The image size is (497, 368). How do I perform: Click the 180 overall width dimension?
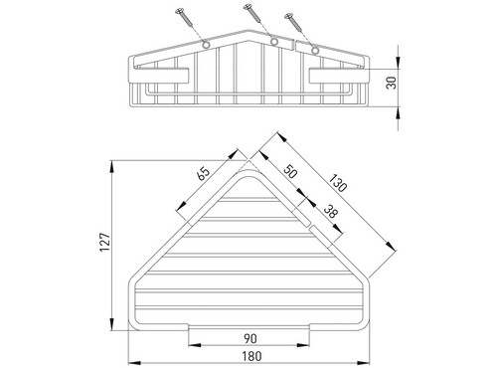pyautogui.click(x=251, y=356)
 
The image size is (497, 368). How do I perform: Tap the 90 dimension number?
pyautogui.click(x=250, y=338)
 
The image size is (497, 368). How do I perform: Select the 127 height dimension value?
pyautogui.click(x=105, y=243)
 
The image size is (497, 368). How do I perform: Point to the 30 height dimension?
pyautogui.click(x=392, y=83)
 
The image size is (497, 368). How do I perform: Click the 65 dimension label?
pyautogui.click(x=204, y=173)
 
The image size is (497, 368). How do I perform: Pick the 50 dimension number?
pyautogui.click(x=289, y=171)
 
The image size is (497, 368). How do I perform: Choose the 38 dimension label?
pyautogui.click(x=330, y=211)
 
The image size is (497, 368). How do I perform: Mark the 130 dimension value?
pyautogui.click(x=338, y=183)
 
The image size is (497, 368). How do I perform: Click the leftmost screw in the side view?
pyautogui.click(x=184, y=18)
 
